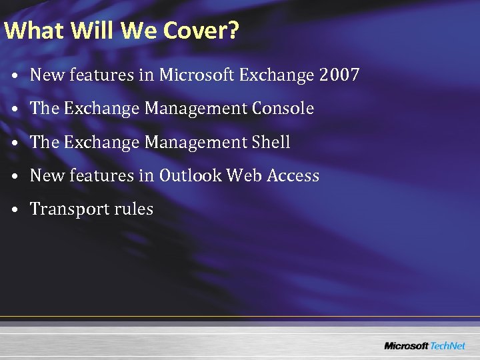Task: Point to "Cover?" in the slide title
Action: [198, 31]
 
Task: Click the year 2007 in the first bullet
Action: [339, 75]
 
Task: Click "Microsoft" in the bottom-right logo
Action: [406, 345]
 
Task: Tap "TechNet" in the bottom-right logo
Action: [447, 345]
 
